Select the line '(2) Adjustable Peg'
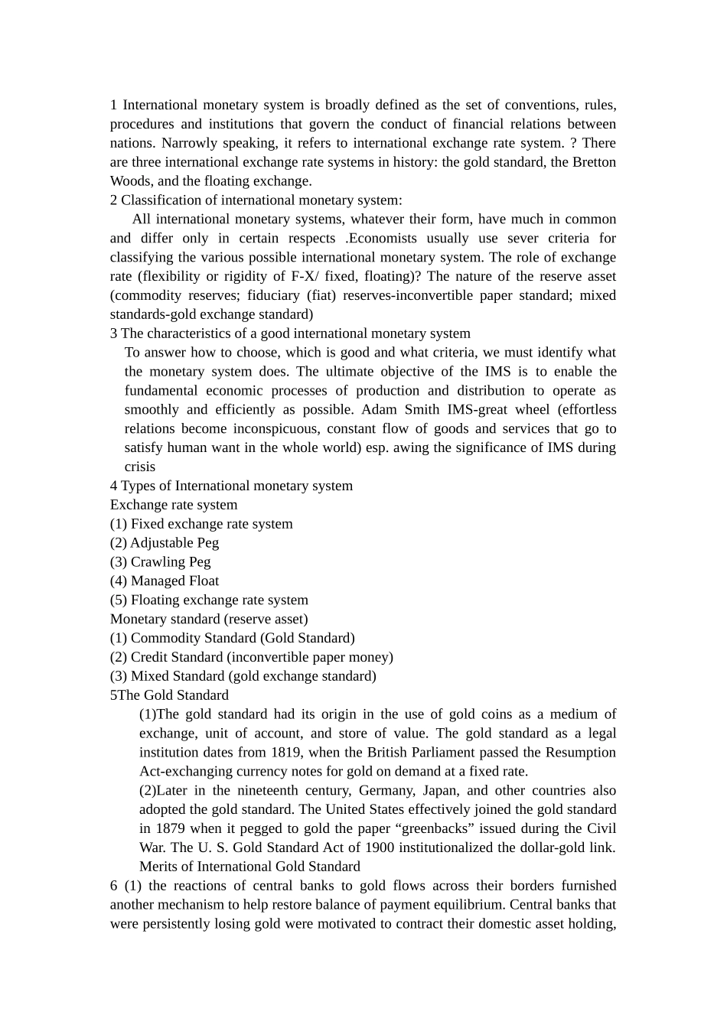165,543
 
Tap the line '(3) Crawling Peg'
161,562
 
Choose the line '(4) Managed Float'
165,581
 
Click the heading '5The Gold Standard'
169,695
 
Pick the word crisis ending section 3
140,467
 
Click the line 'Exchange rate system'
174,505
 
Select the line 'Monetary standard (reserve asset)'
209,620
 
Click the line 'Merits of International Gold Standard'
249,867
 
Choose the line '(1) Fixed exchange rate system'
201,524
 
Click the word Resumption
581,753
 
